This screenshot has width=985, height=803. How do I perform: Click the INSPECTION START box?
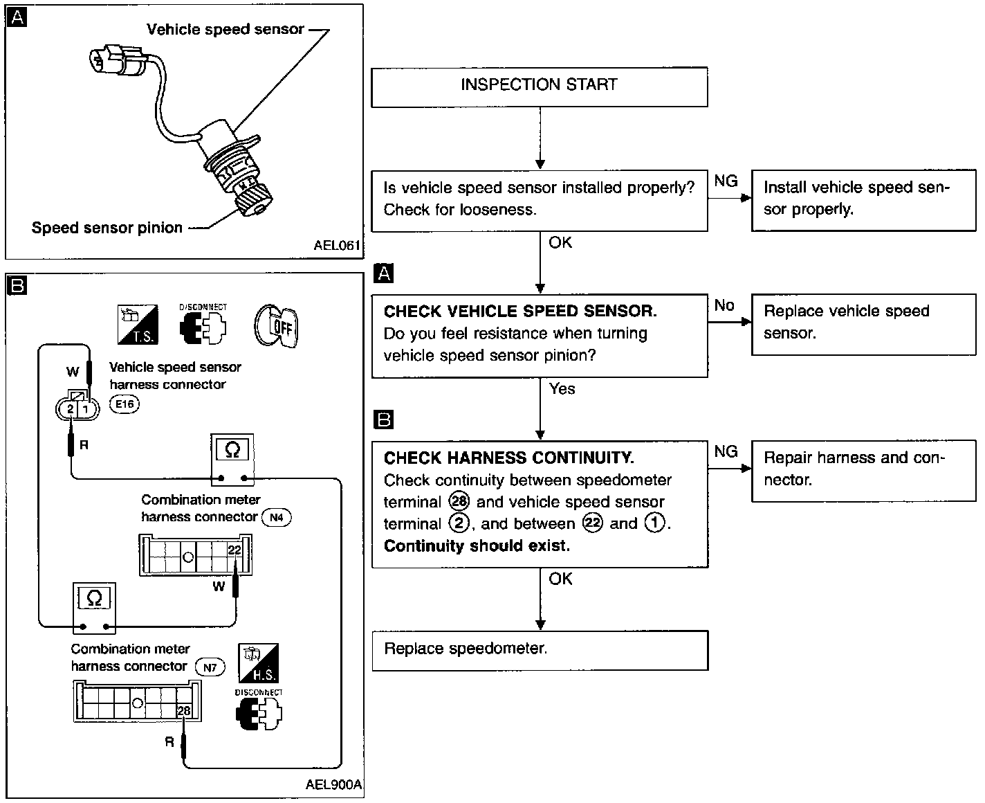[x=540, y=87]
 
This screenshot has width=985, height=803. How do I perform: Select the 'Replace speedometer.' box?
[x=540, y=650]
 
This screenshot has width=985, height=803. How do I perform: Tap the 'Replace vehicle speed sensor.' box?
[x=863, y=325]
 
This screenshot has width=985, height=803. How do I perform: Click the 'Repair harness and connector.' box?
[x=863, y=471]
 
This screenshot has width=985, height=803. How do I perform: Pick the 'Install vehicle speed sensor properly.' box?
[x=863, y=200]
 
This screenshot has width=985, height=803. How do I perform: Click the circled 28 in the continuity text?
[x=459, y=501]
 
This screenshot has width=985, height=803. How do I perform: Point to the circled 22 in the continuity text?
[x=592, y=523]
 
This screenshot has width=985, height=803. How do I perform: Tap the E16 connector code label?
[x=125, y=404]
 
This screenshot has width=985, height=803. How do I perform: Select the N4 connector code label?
[x=277, y=517]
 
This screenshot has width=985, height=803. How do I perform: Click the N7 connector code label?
[x=210, y=667]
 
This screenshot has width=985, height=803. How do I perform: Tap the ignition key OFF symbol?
[x=276, y=326]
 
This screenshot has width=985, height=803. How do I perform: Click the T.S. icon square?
[x=138, y=325]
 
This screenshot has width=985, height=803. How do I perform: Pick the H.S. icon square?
[x=259, y=662]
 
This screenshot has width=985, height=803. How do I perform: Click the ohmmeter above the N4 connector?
[x=232, y=460]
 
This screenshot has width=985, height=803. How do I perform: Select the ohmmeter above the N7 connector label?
[x=94, y=608]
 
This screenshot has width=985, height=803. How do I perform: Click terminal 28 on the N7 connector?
[x=183, y=710]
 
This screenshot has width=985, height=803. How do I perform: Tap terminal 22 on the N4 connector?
[x=234, y=550]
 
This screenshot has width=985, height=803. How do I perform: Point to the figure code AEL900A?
[x=333, y=784]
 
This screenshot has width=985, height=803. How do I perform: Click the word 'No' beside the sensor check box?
[x=724, y=305]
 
